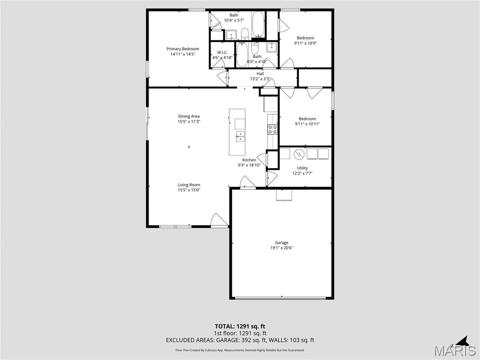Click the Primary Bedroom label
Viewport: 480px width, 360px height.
pyautogui.click(x=183, y=49)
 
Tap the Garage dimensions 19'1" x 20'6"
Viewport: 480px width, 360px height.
pyautogui.click(x=282, y=248)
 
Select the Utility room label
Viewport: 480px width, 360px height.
pyautogui.click(x=302, y=168)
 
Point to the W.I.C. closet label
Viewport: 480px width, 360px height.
pyautogui.click(x=222, y=52)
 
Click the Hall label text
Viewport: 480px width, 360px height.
pyautogui.click(x=260, y=74)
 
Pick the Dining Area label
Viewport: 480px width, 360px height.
pyautogui.click(x=189, y=116)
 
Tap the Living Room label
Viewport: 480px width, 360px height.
pyautogui.click(x=189, y=185)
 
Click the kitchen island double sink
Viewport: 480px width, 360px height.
pyautogui.click(x=240, y=136)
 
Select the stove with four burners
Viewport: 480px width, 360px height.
pyautogui.click(x=272, y=129)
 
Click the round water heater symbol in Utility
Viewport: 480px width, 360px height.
pyautogui.click(x=299, y=154)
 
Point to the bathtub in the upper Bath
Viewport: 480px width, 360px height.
pyautogui.click(x=258, y=25)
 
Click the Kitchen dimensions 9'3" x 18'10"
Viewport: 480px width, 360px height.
pyautogui.click(x=249, y=165)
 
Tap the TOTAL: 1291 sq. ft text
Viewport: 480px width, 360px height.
pyautogui.click(x=240, y=326)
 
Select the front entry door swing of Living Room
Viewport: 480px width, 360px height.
pyautogui.click(x=218, y=220)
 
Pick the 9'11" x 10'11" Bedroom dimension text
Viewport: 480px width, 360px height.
pyautogui.click(x=307, y=124)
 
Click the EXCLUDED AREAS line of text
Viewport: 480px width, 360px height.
pyautogui.click(x=240, y=340)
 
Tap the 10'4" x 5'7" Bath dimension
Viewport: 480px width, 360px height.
pyautogui.click(x=234, y=20)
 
